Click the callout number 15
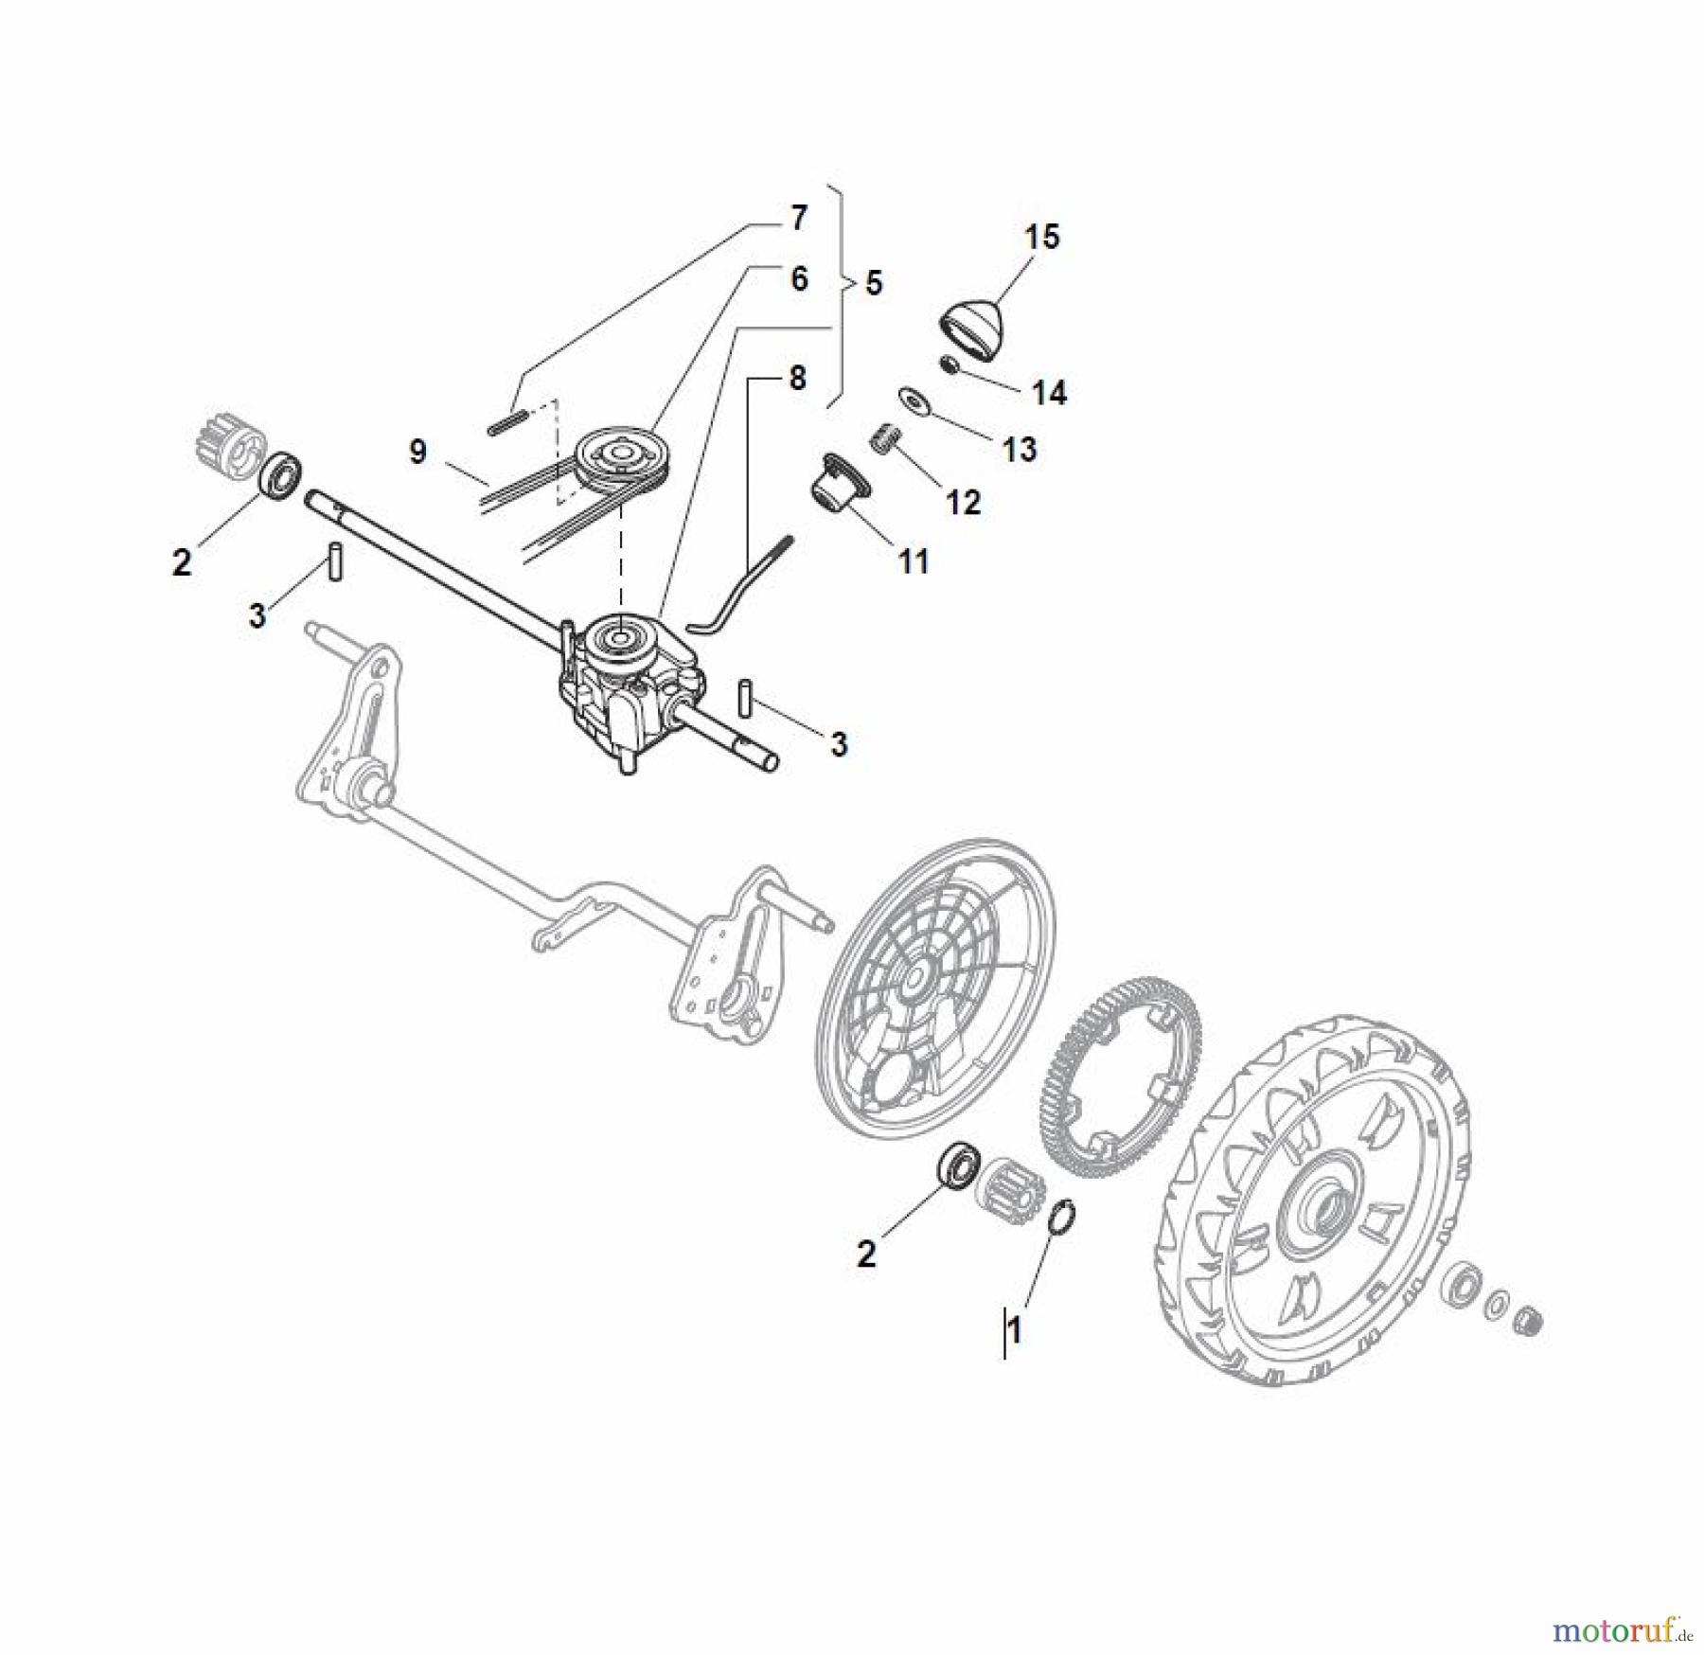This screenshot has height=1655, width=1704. point(1042,237)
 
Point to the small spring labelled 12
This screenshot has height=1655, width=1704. point(883,440)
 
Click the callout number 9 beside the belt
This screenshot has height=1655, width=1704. point(417,452)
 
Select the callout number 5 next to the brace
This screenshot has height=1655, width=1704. point(873,282)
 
